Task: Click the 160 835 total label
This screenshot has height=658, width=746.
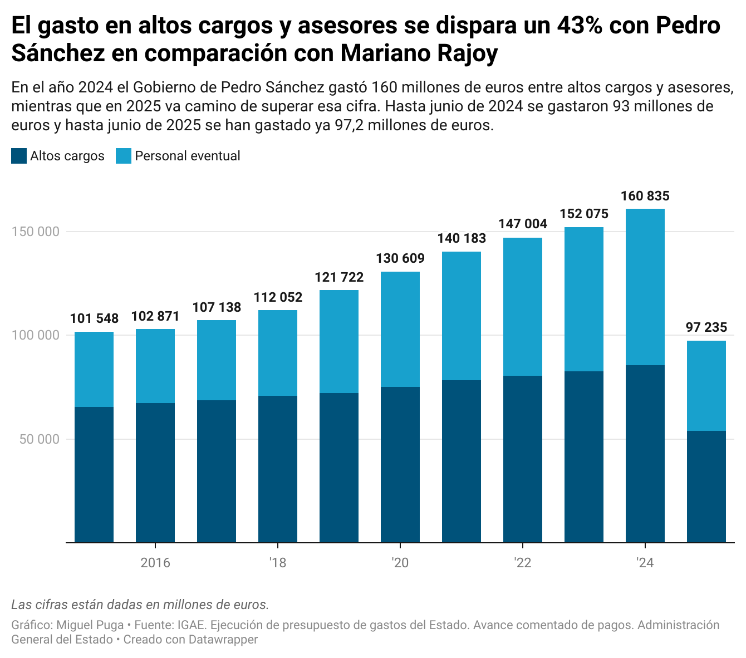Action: (645, 196)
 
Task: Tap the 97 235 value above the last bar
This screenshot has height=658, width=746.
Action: (706, 327)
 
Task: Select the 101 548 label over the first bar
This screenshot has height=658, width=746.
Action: (94, 318)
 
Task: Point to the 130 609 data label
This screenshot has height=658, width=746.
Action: (400, 258)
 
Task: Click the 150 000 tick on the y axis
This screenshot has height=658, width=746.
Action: (36, 232)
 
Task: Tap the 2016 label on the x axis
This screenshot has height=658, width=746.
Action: (155, 563)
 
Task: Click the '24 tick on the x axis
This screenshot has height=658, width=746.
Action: (645, 563)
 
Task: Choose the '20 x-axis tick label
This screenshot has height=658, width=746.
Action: (400, 563)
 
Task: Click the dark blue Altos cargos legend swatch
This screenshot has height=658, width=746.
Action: (19, 156)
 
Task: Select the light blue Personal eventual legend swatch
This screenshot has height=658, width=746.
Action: (124, 156)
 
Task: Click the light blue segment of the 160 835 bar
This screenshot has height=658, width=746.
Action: (645, 287)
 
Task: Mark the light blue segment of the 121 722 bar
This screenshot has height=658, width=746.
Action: (339, 341)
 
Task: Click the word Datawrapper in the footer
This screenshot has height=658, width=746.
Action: (223, 640)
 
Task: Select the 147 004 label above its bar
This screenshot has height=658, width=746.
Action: (523, 224)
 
